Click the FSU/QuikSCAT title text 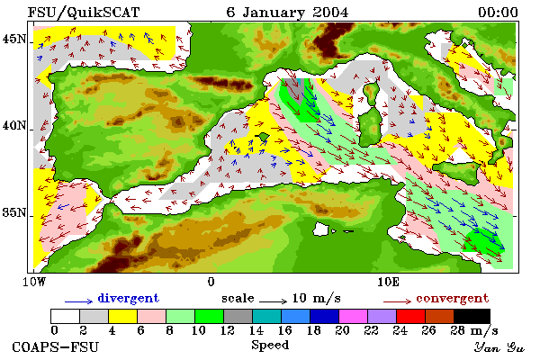coord(84,13)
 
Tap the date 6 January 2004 coord(287,13)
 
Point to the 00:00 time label coord(498,13)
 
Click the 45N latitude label coord(13,39)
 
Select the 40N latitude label coord(13,125)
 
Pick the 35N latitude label coord(13,212)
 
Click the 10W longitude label coord(34,282)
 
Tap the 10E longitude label coord(388,282)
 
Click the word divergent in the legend coord(128,298)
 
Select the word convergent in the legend coord(452,298)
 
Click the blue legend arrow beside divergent coord(78,301)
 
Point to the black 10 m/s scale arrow coord(273,301)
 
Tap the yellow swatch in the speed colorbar coord(122,316)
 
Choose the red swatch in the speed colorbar coord(410,316)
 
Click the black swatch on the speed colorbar coord(472,316)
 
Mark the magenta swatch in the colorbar coord(353,316)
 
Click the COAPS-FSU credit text coord(55,346)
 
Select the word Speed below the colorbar coord(270,346)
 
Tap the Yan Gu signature coord(499,347)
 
